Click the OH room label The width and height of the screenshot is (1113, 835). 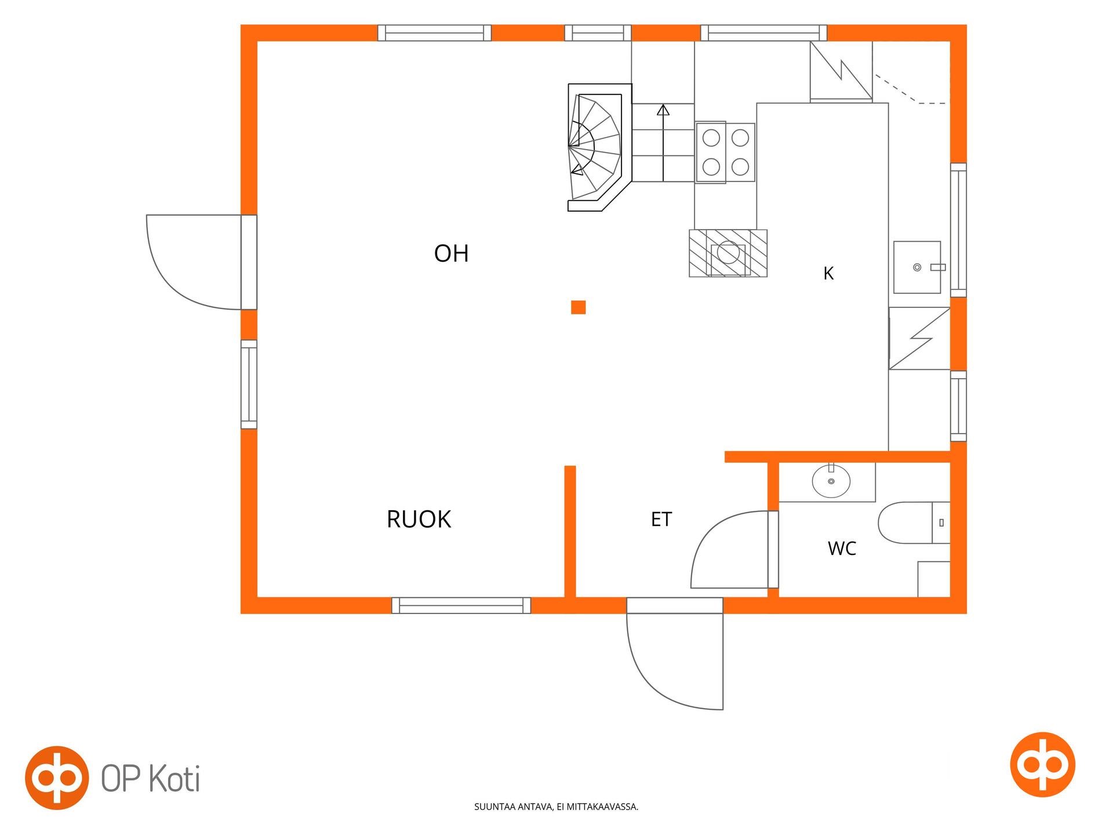click(451, 253)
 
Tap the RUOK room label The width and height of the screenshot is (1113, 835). click(419, 519)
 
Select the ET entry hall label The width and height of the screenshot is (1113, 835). click(661, 520)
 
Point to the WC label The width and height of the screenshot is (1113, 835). click(842, 549)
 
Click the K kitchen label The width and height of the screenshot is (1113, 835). click(828, 273)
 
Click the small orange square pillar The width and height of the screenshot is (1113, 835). click(578, 307)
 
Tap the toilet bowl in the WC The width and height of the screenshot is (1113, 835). click(905, 522)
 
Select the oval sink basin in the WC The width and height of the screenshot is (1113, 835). click(831, 481)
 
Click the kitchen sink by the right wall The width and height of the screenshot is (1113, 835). click(917, 267)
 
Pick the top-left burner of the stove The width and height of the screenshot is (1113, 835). click(711, 138)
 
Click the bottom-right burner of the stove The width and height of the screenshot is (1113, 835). click(740, 167)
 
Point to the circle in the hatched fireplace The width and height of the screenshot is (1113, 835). click(728, 253)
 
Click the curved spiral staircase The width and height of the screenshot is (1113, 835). click(597, 147)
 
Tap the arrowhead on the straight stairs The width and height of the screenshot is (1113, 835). click(663, 110)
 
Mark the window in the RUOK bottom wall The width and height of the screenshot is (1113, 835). click(461, 605)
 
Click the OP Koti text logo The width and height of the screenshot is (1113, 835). click(151, 778)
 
